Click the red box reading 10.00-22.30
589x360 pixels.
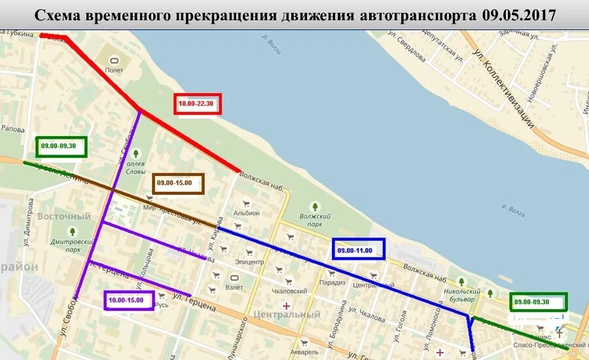click(x=198, y=103)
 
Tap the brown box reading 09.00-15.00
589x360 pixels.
click(x=179, y=184)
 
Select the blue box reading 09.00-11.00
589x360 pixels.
click(x=358, y=249)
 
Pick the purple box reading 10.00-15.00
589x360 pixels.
click(x=129, y=300)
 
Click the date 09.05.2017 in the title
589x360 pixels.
click(x=519, y=15)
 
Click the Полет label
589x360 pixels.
click(x=115, y=69)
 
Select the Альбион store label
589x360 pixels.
click(x=247, y=213)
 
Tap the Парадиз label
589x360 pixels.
click(x=332, y=283)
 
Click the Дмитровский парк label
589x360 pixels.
click(x=73, y=245)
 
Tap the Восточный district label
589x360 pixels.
click(x=63, y=216)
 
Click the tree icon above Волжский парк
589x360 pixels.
click(x=315, y=206)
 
